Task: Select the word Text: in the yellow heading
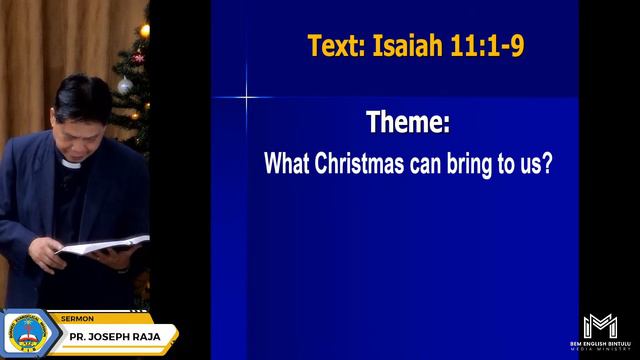(337, 46)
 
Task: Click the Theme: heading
(408, 124)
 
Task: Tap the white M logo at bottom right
(600, 326)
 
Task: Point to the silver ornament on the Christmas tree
(125, 86)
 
